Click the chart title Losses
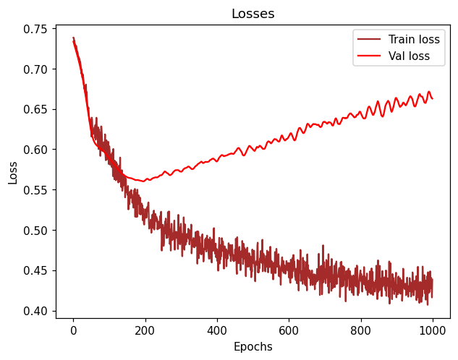point(253,14)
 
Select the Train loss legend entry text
point(414,40)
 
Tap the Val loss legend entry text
point(409,56)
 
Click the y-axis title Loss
point(13,172)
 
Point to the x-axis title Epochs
point(253,347)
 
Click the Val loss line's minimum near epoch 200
point(143,181)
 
